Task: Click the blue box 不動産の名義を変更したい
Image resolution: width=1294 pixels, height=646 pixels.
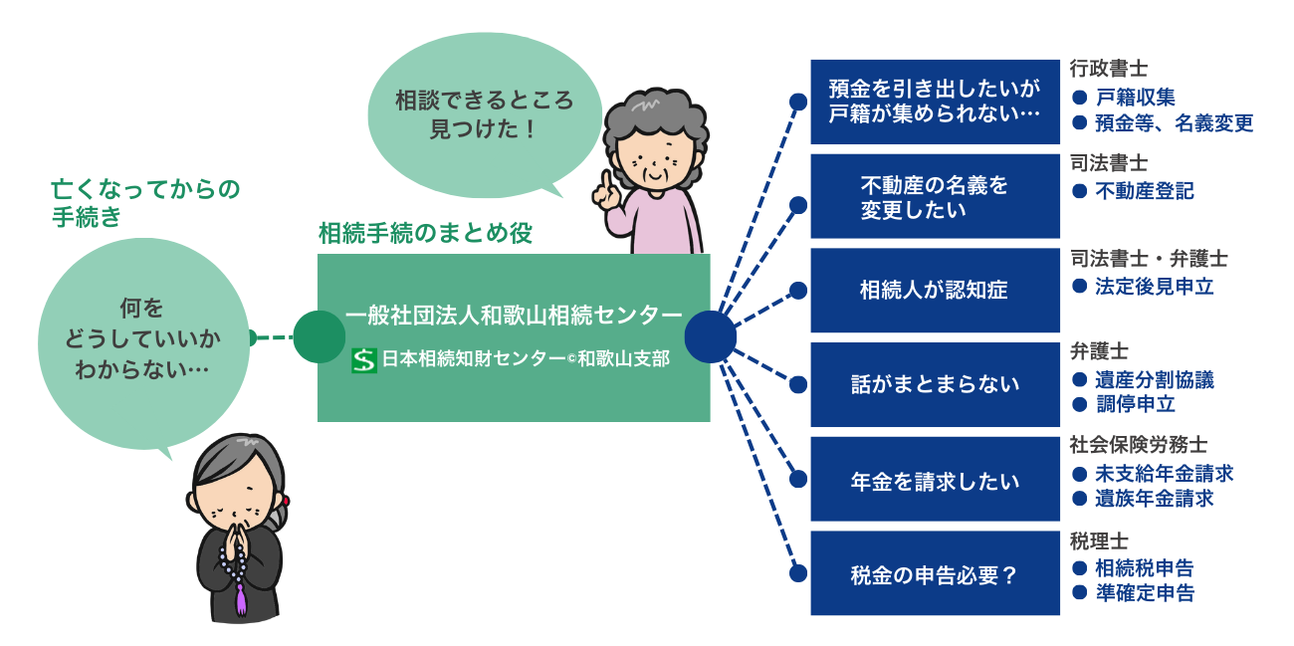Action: coord(935,196)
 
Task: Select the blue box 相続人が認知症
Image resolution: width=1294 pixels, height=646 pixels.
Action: coord(935,291)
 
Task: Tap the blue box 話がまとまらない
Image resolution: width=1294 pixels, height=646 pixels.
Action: coord(935,384)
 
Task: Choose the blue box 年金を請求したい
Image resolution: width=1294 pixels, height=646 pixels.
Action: coord(935,481)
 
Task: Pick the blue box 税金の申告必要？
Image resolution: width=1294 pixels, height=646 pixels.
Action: coord(935,574)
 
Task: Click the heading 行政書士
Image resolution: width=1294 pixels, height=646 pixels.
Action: coord(1109,69)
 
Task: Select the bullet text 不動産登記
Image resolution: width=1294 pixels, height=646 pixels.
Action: coord(1144,191)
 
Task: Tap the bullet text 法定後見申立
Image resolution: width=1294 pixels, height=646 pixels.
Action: coord(1154,287)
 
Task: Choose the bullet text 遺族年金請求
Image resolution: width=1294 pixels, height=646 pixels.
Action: coord(1154,499)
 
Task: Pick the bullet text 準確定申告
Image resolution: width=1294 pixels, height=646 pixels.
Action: coord(1144,593)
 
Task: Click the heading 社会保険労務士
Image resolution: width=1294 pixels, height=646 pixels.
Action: coord(1138,444)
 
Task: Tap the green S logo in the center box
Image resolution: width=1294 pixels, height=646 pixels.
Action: coord(364,359)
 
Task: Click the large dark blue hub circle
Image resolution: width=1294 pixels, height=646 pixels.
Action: coord(710,336)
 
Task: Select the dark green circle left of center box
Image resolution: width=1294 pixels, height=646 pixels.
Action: coord(319,336)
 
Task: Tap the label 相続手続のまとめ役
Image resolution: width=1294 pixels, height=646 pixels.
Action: coord(425,233)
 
